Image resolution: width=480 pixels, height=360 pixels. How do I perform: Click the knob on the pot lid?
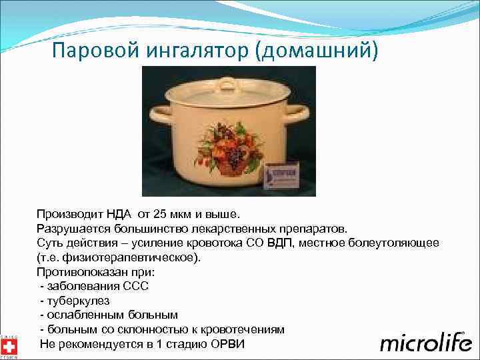click(227, 83)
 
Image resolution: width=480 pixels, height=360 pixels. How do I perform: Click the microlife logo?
click(425, 343)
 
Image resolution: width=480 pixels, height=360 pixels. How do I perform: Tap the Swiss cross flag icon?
click(9, 347)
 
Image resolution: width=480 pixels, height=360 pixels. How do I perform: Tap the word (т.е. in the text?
click(49, 257)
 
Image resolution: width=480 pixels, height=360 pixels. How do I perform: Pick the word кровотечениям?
click(247, 329)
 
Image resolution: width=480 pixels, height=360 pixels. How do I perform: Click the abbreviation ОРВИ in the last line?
click(228, 344)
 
